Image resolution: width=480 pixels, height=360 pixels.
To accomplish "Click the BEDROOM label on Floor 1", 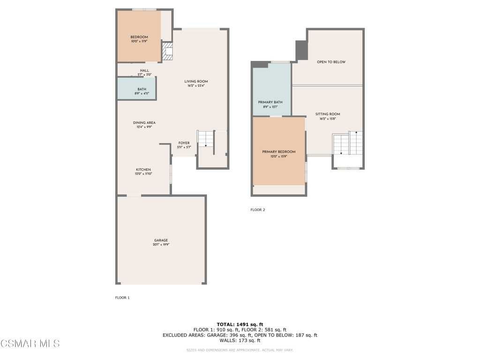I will [139, 37].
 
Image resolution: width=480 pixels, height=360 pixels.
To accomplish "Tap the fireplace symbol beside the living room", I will [167, 51].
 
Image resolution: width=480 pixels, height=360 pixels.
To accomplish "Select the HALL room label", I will [144, 71].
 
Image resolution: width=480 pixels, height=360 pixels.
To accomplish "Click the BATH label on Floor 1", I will [142, 90].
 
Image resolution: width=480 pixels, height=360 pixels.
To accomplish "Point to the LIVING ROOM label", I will [196, 82].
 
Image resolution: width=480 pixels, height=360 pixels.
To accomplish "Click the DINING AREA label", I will [144, 123].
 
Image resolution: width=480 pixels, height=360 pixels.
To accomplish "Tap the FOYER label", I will [184, 143].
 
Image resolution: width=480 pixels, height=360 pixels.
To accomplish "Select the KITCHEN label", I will [143, 170].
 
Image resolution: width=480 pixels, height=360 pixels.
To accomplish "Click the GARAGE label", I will [161, 240].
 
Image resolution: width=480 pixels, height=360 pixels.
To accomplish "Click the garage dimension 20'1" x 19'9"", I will [161, 245].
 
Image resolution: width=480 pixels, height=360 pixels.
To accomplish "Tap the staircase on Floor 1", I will [205, 140].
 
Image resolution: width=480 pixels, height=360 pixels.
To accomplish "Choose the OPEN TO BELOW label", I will [331, 62].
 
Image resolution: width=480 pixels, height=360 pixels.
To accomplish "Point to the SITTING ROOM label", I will [328, 114].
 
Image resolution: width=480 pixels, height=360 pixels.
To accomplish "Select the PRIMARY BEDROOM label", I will [279, 152].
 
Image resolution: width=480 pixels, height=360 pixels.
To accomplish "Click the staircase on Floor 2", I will [348, 144].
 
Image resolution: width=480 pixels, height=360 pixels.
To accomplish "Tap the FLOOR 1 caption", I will [122, 298].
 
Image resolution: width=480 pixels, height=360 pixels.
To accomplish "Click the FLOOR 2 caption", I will [258, 210].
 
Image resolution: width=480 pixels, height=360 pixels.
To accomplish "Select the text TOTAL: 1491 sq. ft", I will [240, 324].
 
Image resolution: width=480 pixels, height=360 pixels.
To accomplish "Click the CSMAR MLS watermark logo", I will [30, 344].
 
